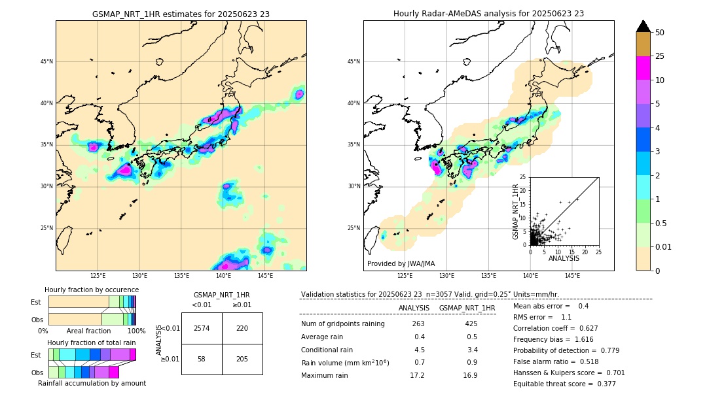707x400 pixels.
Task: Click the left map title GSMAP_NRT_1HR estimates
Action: (x=181, y=14)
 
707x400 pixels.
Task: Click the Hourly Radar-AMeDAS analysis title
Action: (x=488, y=14)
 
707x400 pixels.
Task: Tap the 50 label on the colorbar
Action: (x=660, y=33)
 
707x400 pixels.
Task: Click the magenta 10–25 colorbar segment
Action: (x=644, y=68)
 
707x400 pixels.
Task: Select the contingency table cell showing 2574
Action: (x=202, y=328)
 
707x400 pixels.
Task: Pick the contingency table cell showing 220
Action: (x=242, y=328)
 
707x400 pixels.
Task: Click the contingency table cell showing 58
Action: (x=202, y=359)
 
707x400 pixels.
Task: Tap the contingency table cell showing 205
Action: (x=242, y=359)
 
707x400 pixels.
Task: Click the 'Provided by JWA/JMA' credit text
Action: (x=401, y=264)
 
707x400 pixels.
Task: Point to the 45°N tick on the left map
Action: (x=46, y=61)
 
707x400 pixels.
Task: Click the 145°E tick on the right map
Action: (x=571, y=276)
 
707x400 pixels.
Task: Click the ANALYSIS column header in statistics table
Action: (x=414, y=308)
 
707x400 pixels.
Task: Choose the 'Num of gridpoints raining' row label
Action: (x=342, y=324)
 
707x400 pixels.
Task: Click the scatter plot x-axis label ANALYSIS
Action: (x=564, y=259)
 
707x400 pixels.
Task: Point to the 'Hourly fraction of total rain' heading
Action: (x=92, y=343)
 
